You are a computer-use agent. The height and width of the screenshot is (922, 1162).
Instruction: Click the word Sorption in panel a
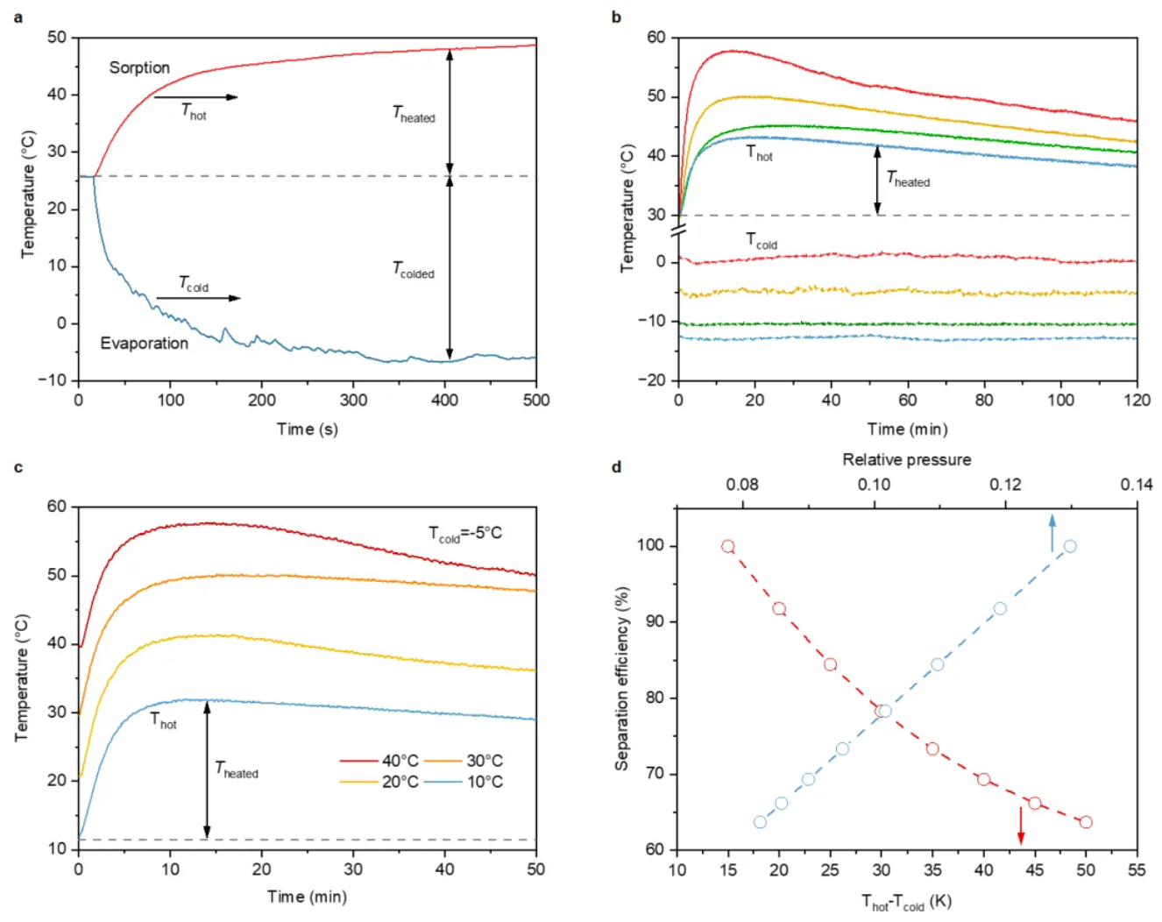coord(139,68)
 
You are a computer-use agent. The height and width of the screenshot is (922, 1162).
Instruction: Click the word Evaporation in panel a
coord(144,344)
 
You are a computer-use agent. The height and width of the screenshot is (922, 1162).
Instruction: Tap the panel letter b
coord(616,17)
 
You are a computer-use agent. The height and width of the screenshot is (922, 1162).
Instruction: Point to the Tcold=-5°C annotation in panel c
coord(465,534)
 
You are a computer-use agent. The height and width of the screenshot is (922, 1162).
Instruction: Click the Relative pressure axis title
coord(906,459)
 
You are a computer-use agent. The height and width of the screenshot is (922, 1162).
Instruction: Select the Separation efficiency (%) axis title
coord(622,679)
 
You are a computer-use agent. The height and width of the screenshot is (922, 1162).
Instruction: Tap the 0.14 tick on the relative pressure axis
coord(1137,485)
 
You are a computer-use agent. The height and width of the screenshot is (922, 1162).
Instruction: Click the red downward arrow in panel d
coord(1021,826)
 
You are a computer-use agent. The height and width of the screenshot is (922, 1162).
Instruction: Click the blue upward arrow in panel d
coord(1052,534)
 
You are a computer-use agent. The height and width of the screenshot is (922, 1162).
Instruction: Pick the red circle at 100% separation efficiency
coord(727,546)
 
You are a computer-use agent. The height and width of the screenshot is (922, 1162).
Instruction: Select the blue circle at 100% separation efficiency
coord(1070,546)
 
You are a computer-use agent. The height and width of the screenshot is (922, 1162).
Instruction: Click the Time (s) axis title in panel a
coord(307,429)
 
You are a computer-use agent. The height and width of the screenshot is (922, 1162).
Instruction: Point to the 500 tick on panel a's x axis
coord(536,401)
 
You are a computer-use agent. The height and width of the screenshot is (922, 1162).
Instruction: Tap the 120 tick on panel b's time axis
coord(1137,401)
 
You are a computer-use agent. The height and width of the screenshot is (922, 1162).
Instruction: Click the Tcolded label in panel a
coord(413,270)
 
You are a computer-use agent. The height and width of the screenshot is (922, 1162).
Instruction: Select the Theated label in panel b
coord(908,180)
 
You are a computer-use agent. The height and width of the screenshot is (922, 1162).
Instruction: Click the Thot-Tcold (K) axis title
coord(906,902)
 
